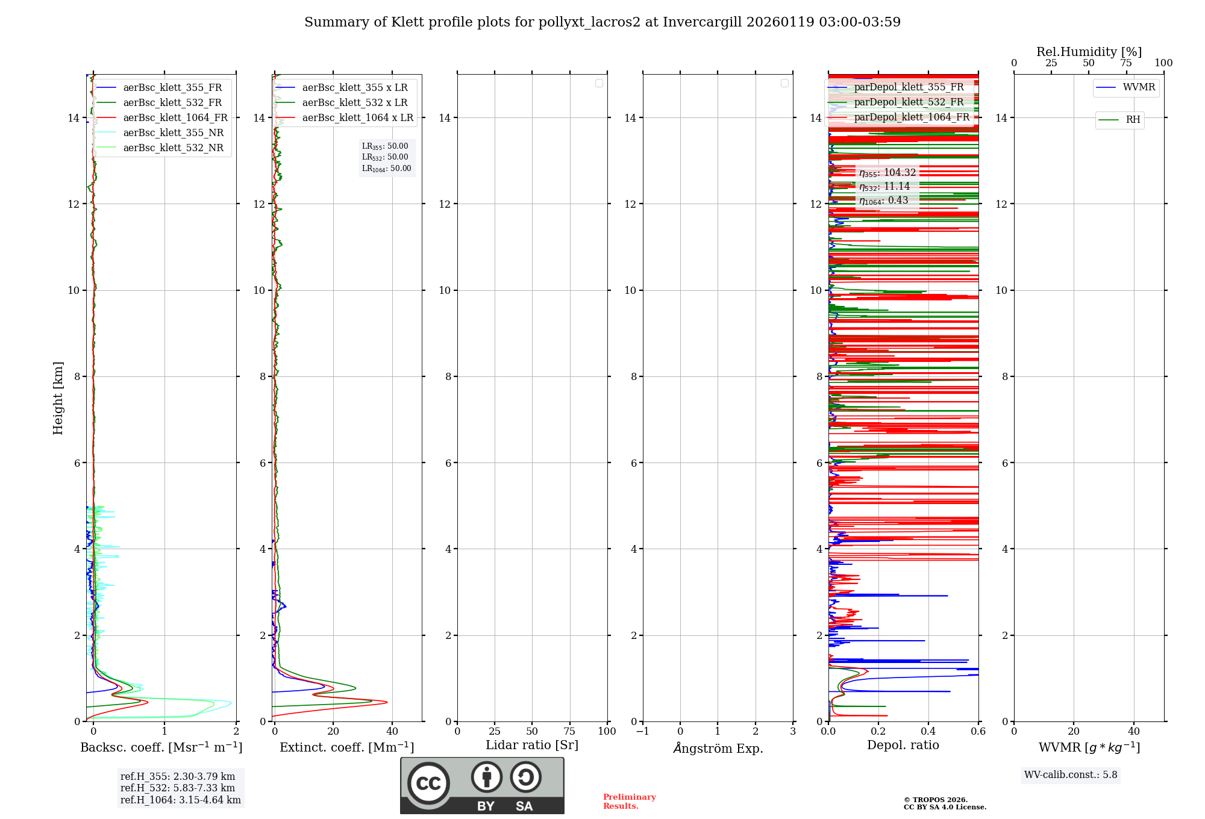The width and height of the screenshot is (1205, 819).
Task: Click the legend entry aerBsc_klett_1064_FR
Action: point(175,118)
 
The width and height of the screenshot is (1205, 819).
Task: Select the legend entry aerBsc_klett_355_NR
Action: point(173,133)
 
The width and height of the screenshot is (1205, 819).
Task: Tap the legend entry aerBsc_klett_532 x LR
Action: point(354,103)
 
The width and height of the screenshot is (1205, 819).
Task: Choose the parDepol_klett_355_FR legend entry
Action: point(909,87)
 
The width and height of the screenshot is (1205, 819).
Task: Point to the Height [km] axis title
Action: point(58,398)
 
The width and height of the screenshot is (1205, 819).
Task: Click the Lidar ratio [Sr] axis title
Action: point(532,746)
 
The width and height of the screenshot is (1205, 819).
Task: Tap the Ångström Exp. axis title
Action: point(718,749)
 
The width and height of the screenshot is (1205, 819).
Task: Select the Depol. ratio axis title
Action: point(903,746)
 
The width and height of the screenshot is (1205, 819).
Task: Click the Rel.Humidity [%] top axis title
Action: point(1089,52)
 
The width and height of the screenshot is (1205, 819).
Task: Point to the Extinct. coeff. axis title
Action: point(346,748)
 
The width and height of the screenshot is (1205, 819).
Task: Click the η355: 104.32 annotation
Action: point(887,173)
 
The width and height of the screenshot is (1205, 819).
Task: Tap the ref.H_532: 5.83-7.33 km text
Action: point(178,788)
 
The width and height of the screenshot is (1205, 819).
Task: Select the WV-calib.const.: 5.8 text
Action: point(1071,775)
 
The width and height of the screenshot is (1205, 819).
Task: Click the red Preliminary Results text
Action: point(629,802)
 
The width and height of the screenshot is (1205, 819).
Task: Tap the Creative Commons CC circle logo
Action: point(428,783)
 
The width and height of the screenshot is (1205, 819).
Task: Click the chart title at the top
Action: point(602,22)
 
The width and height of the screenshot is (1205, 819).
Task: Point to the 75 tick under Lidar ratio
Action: point(569,732)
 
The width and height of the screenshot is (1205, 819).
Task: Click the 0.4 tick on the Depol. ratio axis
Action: point(928,732)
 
